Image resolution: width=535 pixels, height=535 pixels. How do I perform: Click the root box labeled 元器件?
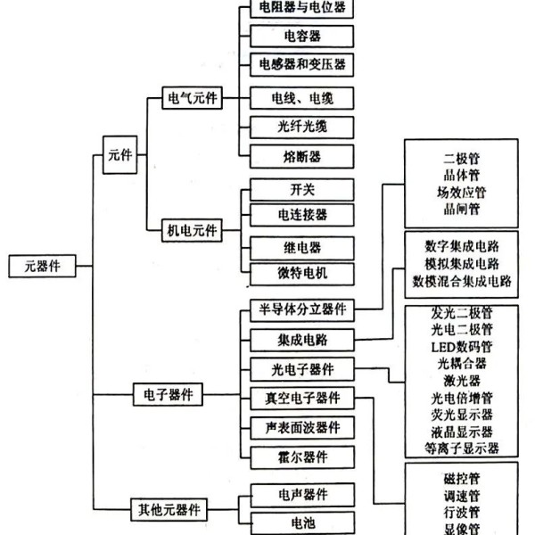42,266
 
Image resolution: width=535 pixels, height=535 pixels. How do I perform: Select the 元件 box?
120,154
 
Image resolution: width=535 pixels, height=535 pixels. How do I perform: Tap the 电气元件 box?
192,98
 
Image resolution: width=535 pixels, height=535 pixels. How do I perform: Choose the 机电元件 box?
192,230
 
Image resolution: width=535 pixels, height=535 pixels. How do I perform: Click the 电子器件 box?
168,394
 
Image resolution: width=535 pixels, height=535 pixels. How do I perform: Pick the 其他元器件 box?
169,509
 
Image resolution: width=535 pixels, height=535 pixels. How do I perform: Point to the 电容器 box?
302,36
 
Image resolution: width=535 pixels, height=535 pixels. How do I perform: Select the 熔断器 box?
302,157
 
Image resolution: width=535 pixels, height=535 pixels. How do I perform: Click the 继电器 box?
302,248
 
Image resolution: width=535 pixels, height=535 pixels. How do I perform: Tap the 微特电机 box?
302,274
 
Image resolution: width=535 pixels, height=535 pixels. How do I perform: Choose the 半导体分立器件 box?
302,310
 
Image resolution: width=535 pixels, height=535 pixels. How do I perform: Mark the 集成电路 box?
302,341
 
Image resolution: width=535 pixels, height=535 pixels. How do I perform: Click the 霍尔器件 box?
302,457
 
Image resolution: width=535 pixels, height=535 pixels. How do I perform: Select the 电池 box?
302,523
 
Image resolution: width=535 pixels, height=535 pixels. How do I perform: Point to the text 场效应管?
462,193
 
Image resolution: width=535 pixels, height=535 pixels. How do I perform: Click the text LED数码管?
462,347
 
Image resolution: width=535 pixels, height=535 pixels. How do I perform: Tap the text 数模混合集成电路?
462,281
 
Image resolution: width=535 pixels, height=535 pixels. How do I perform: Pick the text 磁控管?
462,479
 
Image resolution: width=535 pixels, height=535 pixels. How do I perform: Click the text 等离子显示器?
462,448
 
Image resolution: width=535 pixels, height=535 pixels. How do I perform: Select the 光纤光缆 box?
302,128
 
